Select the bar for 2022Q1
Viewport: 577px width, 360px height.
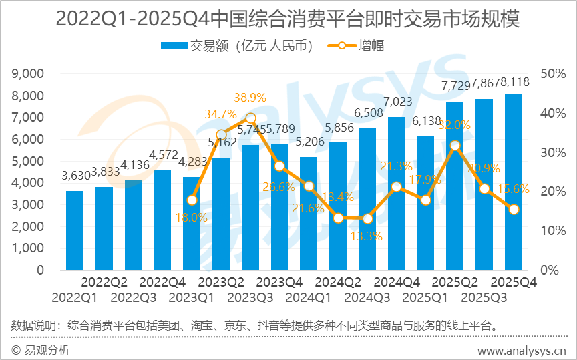tap(75, 230)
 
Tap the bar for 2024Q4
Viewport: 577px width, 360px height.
tap(397, 194)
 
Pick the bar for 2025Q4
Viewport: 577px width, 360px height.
tap(514, 182)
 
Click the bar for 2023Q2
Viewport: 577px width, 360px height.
tap(221, 214)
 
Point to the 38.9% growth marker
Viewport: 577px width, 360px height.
tap(250, 118)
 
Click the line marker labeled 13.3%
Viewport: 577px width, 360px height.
tap(367, 218)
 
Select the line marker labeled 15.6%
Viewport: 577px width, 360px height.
tap(514, 209)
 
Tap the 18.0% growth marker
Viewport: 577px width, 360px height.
tap(192, 200)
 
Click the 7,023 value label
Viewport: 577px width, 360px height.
tap(397, 102)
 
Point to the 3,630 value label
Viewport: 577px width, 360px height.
tap(75, 176)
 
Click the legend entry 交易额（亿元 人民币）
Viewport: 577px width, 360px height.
tap(238, 46)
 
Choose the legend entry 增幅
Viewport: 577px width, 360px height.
tap(357, 46)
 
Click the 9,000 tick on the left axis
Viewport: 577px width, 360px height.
tap(27, 73)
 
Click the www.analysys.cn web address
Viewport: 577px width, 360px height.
tap(522, 351)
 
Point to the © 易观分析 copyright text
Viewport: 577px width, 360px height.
tap(41, 351)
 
